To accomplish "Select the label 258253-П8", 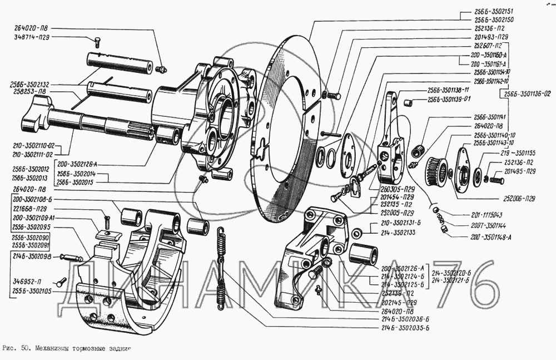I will (x=28, y=91).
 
